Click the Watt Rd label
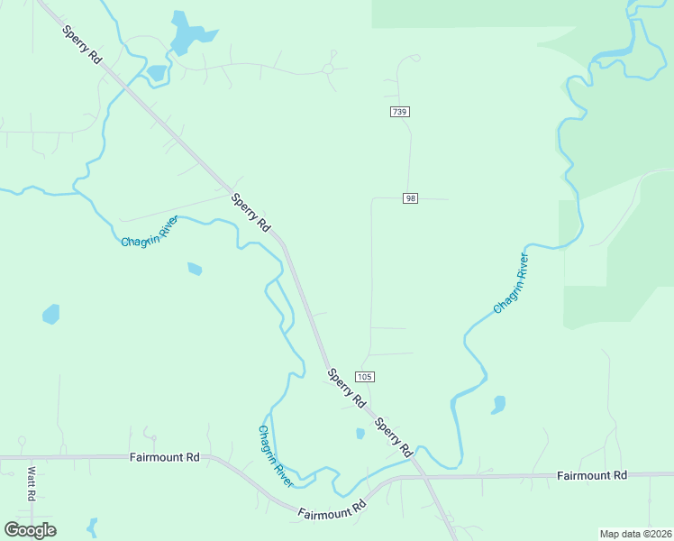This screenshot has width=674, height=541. click(31, 483)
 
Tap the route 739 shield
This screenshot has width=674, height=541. click(400, 112)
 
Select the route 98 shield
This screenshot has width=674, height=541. click(411, 198)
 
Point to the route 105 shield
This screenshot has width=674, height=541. click(364, 376)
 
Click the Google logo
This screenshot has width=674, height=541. click(30, 530)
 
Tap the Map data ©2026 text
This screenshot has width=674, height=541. click(634, 534)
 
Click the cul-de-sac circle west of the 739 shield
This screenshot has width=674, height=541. click(328, 69)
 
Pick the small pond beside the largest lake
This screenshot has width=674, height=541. click(157, 73)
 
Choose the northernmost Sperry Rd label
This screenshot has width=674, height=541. click(82, 43)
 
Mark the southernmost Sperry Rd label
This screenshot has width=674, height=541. click(393, 436)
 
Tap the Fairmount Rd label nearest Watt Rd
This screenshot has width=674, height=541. click(164, 457)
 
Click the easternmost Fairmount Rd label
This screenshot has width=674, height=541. click(591, 474)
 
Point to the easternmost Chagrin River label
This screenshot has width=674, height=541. click(511, 284)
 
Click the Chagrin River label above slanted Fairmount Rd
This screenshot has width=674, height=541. click(276, 456)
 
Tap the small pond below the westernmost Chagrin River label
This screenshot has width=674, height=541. click(195, 269)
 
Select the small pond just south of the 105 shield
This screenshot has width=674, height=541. click(360, 434)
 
